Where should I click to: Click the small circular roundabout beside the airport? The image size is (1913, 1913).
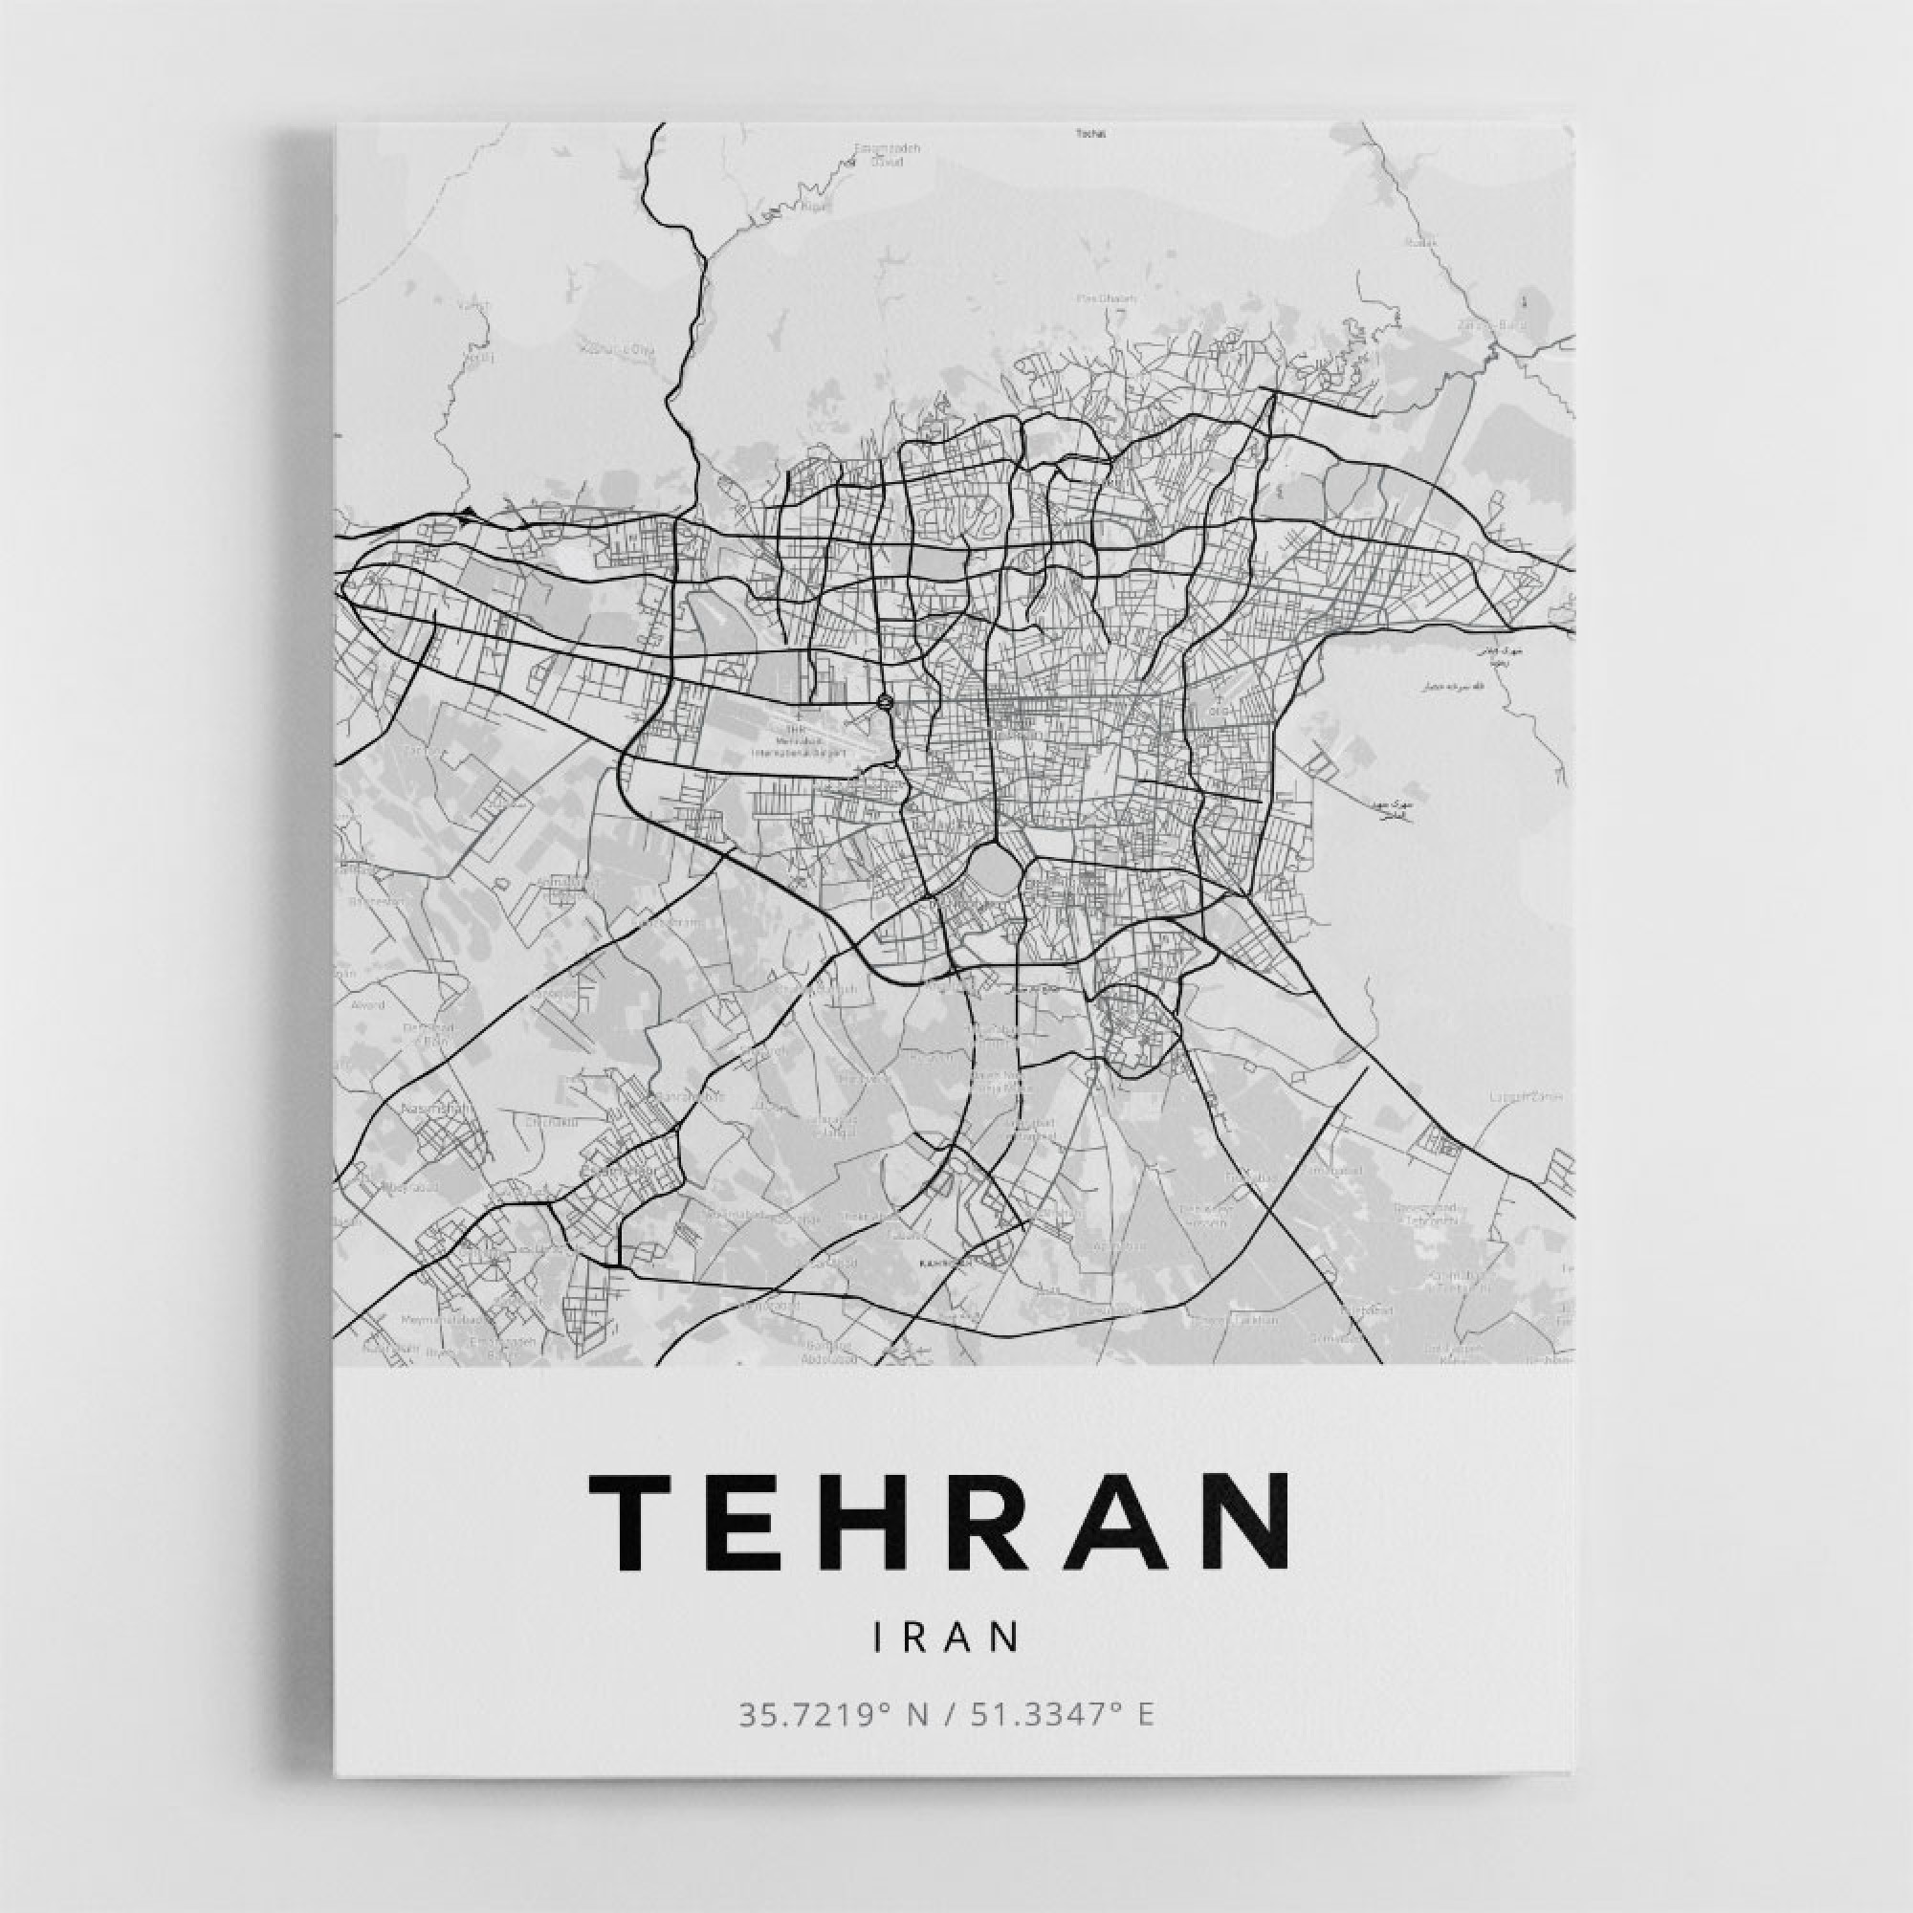(x=885, y=702)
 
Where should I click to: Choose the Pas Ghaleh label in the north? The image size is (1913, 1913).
(x=1107, y=298)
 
